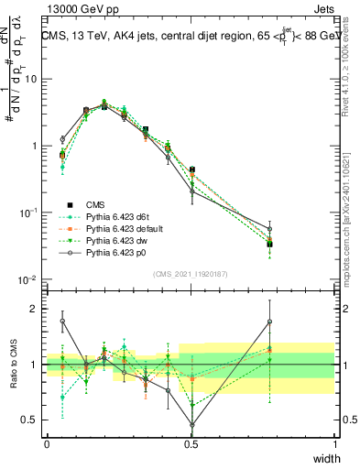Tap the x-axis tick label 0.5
click(191, 442)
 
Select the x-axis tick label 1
click(335, 442)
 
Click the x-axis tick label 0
click(47, 442)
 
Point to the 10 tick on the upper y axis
click(31, 79)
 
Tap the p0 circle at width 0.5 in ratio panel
click(191, 425)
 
